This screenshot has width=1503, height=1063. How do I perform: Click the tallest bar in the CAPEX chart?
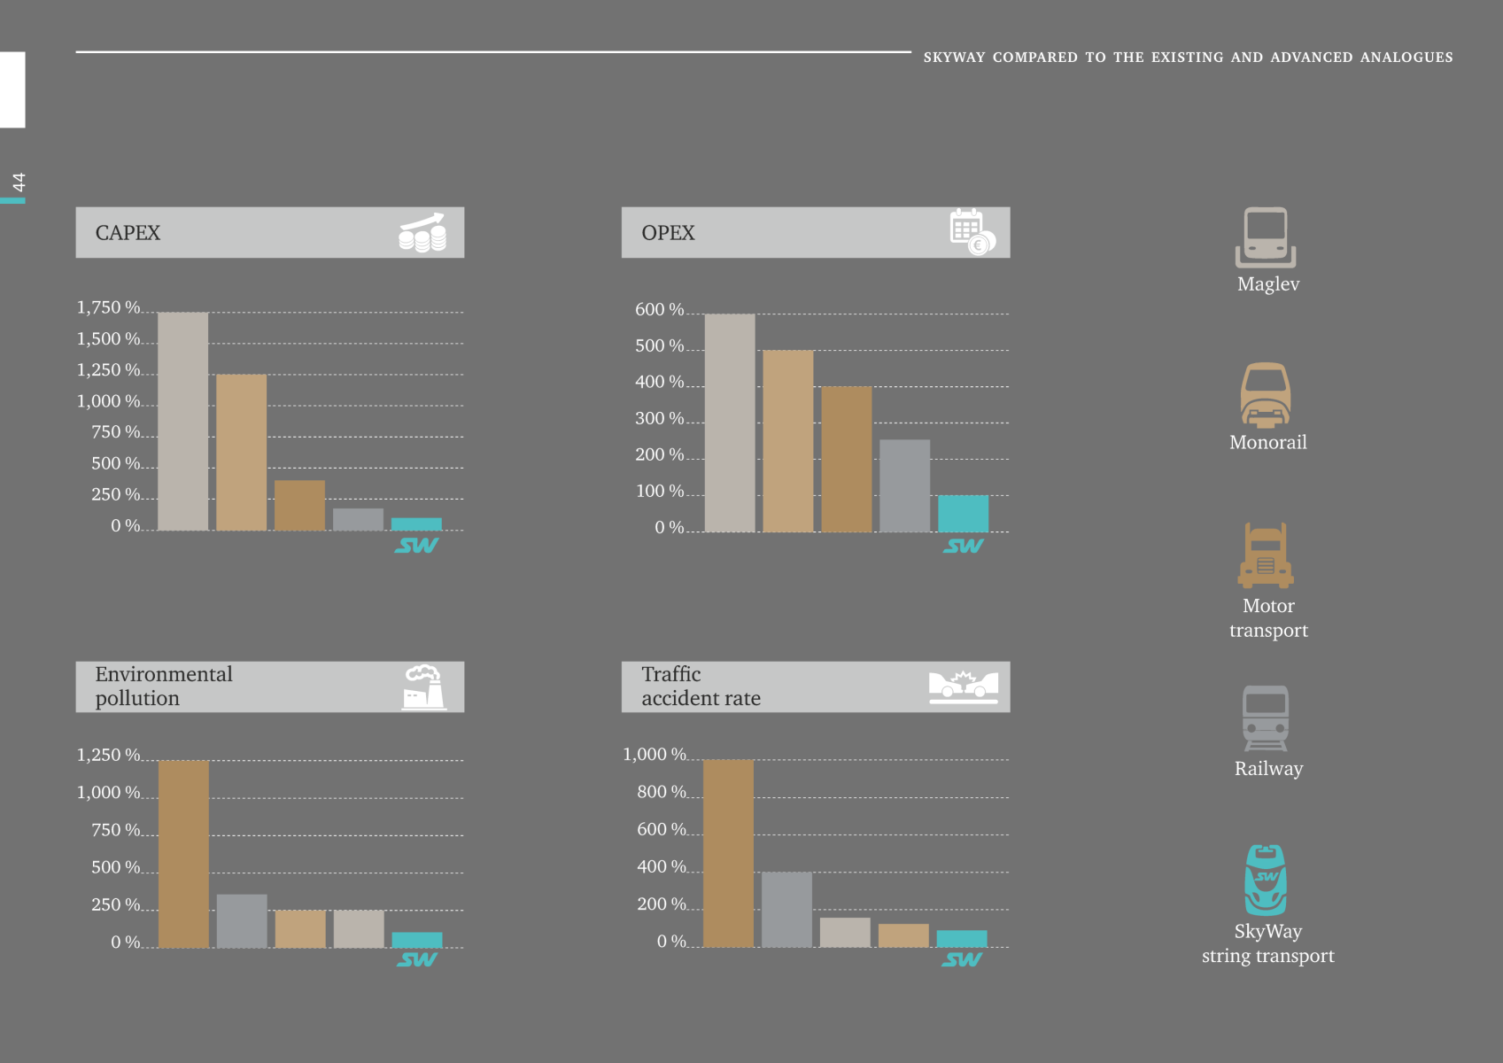[x=183, y=422]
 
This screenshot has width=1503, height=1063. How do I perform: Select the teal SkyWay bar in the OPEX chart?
[x=963, y=514]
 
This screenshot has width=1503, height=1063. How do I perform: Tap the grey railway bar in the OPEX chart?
[x=904, y=485]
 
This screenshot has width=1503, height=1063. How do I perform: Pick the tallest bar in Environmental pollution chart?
[x=183, y=854]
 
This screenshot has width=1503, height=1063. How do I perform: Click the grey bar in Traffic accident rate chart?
[x=786, y=910]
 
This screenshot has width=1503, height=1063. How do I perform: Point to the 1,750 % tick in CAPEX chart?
[x=108, y=308]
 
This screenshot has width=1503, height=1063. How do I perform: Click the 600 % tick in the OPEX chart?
[x=659, y=310]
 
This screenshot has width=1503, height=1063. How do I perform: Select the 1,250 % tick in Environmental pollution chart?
[x=108, y=756]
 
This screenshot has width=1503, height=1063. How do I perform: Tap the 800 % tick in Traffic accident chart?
[x=661, y=792]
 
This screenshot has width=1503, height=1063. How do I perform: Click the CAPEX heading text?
[x=128, y=233]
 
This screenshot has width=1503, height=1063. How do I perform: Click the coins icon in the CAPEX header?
[x=422, y=233]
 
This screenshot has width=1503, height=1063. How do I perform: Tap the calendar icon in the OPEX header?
[x=972, y=232]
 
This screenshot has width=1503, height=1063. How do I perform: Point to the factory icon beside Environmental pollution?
[x=424, y=687]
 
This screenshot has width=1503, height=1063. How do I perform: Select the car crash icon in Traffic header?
[x=963, y=687]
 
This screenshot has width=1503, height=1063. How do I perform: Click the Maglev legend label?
[x=1268, y=284]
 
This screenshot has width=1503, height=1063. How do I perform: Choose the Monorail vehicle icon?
[x=1266, y=395]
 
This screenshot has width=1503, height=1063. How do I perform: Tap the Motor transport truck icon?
[x=1266, y=556]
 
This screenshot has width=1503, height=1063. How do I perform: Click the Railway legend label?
[x=1268, y=769]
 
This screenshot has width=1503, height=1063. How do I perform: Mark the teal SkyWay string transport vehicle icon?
[x=1266, y=880]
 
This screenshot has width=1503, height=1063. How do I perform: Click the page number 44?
[x=19, y=182]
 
